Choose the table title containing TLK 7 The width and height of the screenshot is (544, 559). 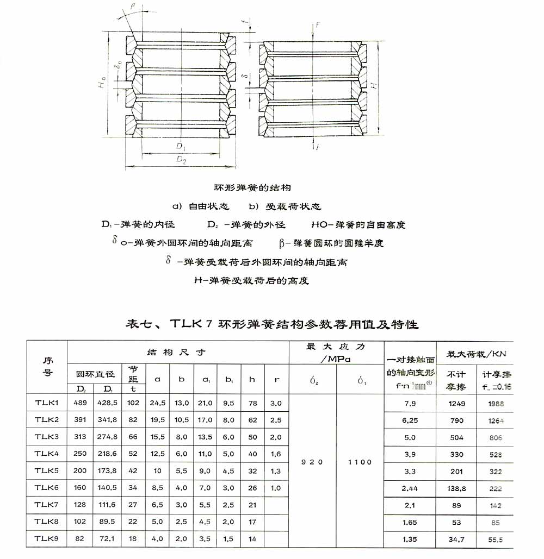click(x=272, y=324)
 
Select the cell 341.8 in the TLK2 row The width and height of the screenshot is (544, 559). click(x=107, y=420)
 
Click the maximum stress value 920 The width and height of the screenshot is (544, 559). click(x=312, y=462)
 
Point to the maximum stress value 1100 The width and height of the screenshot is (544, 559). click(x=360, y=462)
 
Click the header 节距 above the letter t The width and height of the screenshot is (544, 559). click(x=133, y=373)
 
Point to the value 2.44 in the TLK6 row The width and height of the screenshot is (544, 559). click(x=410, y=488)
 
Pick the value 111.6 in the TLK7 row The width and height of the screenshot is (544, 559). click(x=107, y=505)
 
